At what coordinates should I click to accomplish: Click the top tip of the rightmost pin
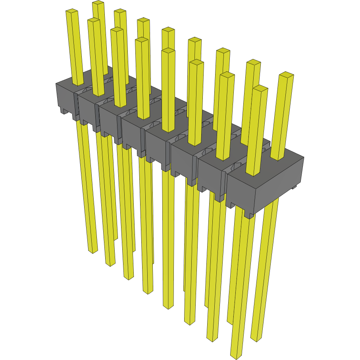(x=286, y=75)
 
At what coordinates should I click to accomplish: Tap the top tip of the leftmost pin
(x=71, y=11)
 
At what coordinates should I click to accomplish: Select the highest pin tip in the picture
(x=98, y=3)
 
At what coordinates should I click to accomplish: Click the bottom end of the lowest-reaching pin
(x=236, y=356)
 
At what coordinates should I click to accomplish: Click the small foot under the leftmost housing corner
(x=64, y=111)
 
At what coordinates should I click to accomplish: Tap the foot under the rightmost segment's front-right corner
(x=249, y=216)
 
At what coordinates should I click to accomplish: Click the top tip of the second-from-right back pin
(x=253, y=62)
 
